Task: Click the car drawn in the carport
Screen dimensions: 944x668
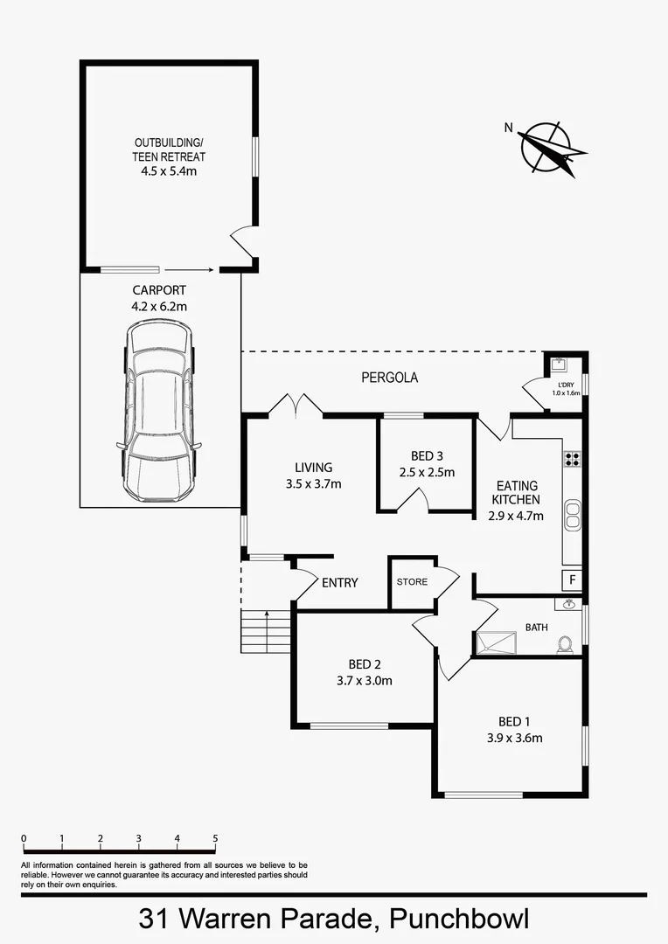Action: [158, 411]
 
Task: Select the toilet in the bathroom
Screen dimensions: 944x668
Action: [566, 644]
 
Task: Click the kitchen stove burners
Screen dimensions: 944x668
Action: [573, 457]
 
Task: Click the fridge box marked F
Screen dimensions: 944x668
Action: [573, 580]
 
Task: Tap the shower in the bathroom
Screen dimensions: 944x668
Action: [495, 642]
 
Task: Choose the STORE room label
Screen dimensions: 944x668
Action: [412, 581]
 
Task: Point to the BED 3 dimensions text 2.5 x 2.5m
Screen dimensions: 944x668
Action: [427, 473]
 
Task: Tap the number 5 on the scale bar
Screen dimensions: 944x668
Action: [215, 839]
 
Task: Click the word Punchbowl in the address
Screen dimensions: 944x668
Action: [459, 920]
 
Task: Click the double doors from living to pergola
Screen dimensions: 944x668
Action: [296, 406]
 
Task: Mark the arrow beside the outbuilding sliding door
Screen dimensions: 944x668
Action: [189, 270]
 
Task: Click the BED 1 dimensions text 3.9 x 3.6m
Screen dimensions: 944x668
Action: [514, 738]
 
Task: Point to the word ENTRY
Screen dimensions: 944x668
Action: [339, 582]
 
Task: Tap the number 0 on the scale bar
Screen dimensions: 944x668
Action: [24, 839]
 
